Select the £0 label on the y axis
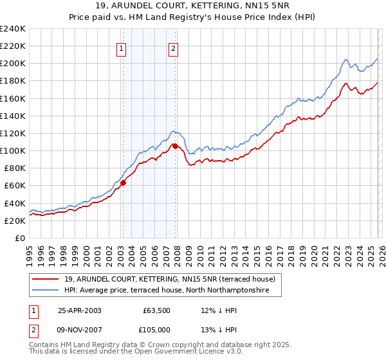(20, 238)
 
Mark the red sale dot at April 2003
(123, 183)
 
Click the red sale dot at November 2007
(175, 147)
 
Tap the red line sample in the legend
(46, 279)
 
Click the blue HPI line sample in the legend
(46, 291)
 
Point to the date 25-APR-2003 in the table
(79, 310)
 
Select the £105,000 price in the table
(158, 331)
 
